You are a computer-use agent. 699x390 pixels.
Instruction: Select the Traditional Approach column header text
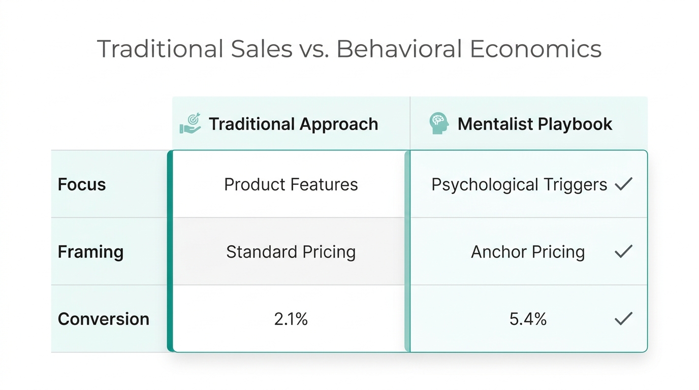293,124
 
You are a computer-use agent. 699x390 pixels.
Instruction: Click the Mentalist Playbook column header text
535,124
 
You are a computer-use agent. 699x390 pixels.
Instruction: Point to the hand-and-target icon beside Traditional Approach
190,123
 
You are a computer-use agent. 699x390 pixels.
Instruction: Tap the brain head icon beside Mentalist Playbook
439,123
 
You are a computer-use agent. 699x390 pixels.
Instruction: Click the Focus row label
82,184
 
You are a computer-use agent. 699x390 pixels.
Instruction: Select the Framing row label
90,252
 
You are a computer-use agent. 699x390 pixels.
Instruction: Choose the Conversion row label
104,319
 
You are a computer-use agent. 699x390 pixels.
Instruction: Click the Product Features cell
291,184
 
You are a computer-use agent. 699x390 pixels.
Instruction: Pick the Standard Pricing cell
291,252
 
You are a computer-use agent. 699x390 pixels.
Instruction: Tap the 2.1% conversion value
291,319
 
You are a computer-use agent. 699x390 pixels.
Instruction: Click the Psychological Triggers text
519,185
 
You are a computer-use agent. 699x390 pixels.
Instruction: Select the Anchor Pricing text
528,252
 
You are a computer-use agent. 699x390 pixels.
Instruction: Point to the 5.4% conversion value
528,319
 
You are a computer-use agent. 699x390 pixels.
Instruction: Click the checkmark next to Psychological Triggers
623,184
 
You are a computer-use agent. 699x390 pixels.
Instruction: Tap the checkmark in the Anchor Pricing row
623,251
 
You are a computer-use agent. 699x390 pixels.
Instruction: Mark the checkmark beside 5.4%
623,318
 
